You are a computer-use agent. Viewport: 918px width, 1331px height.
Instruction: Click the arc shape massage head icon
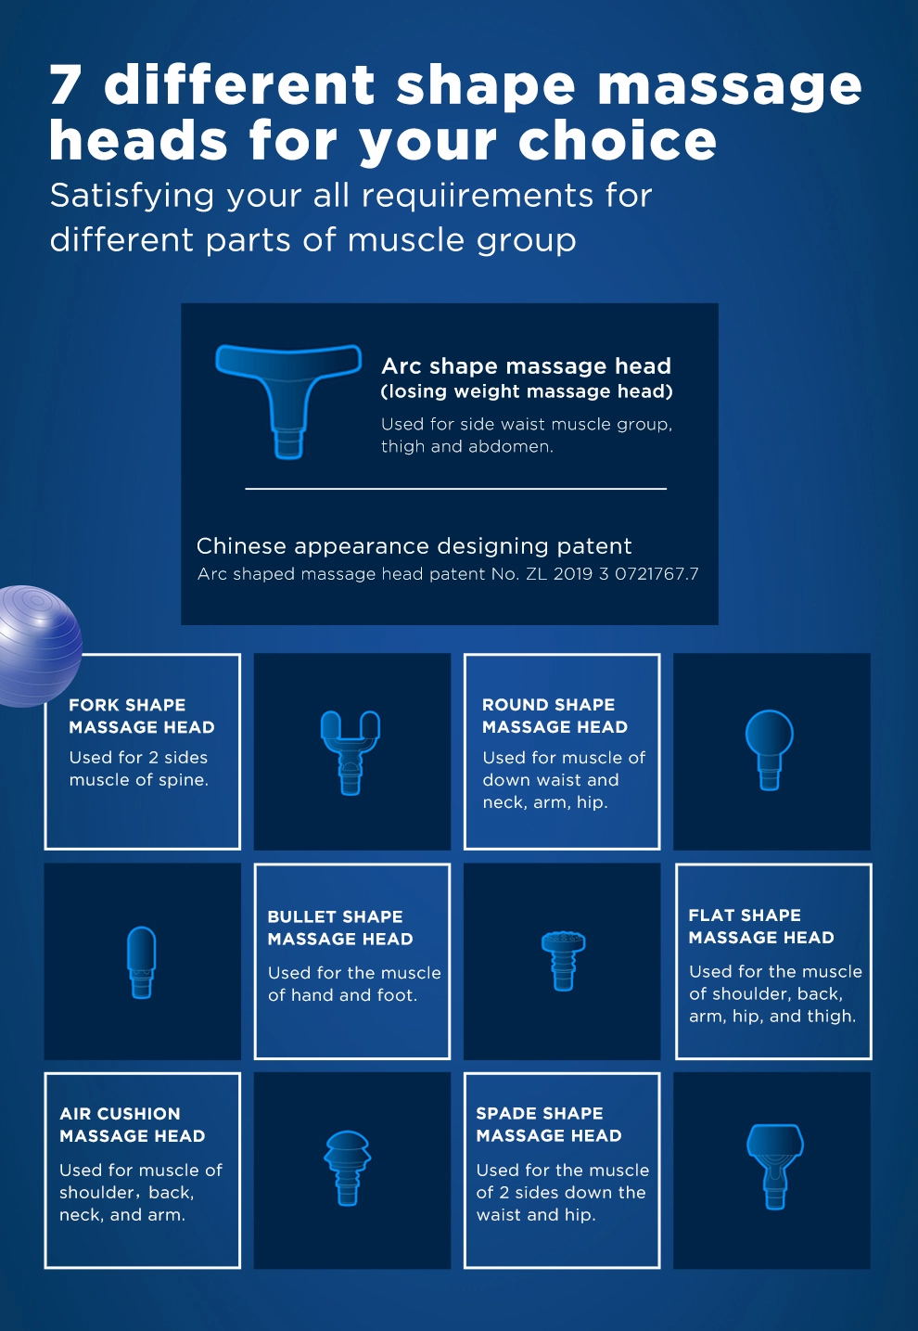288,401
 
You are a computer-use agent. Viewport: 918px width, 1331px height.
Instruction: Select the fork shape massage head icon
350,751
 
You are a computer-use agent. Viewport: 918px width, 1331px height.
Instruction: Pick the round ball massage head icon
770,749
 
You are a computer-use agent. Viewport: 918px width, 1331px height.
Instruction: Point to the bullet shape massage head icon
142,963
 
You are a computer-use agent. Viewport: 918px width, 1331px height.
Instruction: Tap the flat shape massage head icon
563,960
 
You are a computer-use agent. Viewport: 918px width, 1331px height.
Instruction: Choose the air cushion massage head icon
348,1168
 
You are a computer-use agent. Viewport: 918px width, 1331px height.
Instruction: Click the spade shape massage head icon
775,1167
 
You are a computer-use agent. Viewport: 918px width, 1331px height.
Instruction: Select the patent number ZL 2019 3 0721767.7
612,574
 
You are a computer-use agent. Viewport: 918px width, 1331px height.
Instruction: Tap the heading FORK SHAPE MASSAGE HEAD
142,716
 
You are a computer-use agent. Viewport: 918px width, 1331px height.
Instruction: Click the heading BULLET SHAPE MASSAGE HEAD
340,928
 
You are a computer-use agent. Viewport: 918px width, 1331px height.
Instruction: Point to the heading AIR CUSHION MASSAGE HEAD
132,1125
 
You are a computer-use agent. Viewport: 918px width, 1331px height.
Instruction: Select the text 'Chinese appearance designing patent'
414,546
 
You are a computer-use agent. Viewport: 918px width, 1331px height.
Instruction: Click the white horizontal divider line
455,489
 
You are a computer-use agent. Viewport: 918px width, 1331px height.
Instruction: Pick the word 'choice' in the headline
618,140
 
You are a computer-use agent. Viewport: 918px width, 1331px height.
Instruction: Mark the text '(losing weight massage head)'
527,391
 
